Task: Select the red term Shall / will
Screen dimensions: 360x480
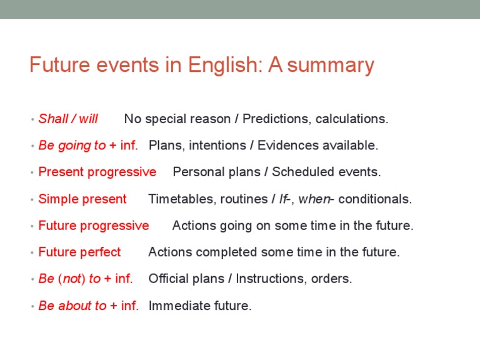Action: pos(68,119)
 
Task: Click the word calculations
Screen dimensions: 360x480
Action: pos(352,119)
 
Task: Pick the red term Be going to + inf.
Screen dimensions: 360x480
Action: pos(88,146)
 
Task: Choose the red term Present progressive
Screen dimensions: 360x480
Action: pos(97,172)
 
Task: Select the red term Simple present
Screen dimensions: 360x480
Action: pos(82,199)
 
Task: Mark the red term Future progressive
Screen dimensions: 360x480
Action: pos(94,226)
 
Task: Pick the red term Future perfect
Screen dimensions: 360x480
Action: pos(79,252)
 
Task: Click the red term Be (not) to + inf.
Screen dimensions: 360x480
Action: pos(86,279)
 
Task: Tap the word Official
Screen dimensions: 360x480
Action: pos(167,279)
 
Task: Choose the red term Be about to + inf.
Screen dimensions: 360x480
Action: pos(89,306)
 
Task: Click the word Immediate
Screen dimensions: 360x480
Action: pos(176,306)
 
